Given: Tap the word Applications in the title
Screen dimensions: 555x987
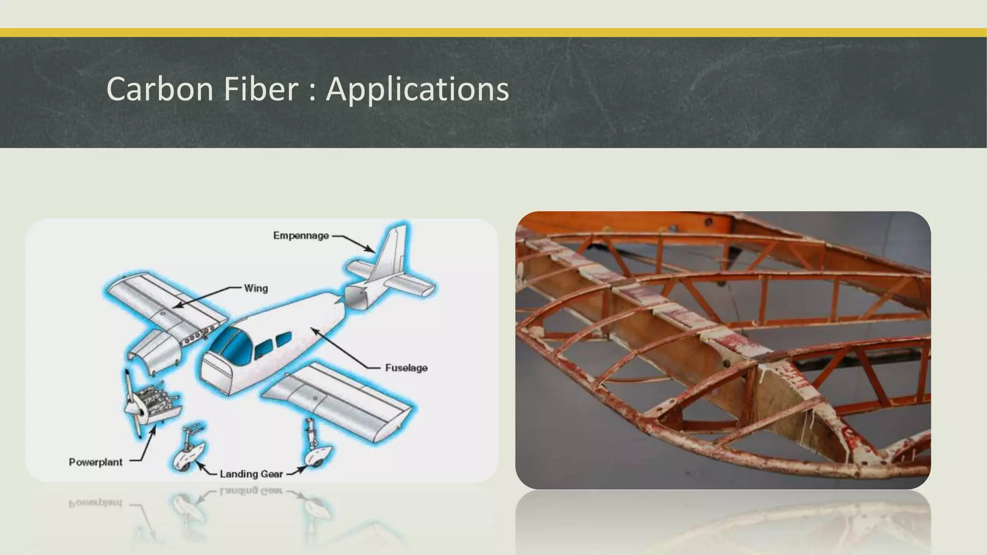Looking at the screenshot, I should pyautogui.click(x=417, y=90).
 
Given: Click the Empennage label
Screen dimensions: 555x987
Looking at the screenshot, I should pyautogui.click(x=301, y=236).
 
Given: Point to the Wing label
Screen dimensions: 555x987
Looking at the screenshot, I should pyautogui.click(x=255, y=289).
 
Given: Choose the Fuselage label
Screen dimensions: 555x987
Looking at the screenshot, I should pyautogui.click(x=406, y=368).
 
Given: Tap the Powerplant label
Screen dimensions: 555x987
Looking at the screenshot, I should pyautogui.click(x=95, y=462).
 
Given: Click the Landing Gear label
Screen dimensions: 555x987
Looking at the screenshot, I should pyautogui.click(x=251, y=474).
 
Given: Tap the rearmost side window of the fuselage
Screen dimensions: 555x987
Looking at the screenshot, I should pyautogui.click(x=283, y=340).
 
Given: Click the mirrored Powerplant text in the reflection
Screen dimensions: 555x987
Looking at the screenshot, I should pyautogui.click(x=95, y=503).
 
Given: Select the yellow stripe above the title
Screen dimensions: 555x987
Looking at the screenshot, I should pyautogui.click(x=493, y=32).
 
